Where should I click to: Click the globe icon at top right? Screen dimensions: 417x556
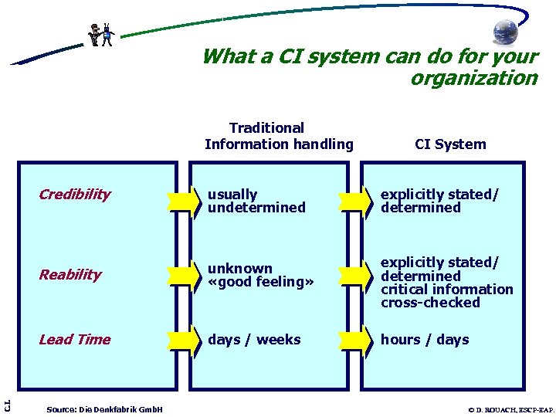(506, 32)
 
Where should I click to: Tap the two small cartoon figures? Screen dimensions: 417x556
(101, 35)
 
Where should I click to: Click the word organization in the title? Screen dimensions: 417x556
(473, 78)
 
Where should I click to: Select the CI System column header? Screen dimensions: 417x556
(450, 144)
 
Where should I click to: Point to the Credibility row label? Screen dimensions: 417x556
(75, 195)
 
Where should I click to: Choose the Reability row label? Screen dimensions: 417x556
(70, 275)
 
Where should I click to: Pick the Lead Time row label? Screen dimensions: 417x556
(75, 340)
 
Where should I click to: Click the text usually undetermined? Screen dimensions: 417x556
(256, 201)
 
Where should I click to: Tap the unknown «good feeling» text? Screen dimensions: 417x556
(261, 275)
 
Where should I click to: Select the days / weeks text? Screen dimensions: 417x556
(254, 340)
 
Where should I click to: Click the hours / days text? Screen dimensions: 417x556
(425, 340)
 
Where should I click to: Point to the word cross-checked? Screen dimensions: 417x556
(430, 303)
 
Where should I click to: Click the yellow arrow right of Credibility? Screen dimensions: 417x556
(184, 201)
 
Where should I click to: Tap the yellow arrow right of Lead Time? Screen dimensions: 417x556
(184, 340)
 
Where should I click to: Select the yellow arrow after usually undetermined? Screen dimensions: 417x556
(355, 201)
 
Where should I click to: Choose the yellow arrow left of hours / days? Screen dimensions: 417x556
(355, 340)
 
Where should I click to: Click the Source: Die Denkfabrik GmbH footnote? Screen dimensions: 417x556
(104, 409)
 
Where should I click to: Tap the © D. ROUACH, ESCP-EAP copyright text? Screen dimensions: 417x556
(510, 409)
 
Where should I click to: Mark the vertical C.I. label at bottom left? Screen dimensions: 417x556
(6, 403)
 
